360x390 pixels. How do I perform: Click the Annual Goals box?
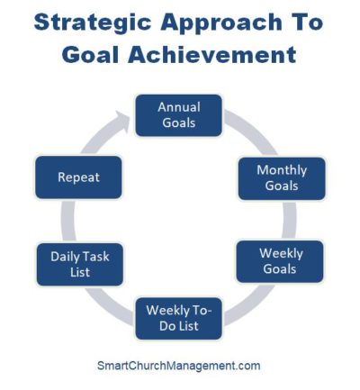178,114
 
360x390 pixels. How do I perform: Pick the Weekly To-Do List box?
178,318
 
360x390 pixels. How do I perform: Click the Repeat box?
78,177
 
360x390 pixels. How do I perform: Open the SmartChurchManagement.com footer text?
178,366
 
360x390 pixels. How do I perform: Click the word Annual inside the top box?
178,106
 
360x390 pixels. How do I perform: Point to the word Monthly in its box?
281,169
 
